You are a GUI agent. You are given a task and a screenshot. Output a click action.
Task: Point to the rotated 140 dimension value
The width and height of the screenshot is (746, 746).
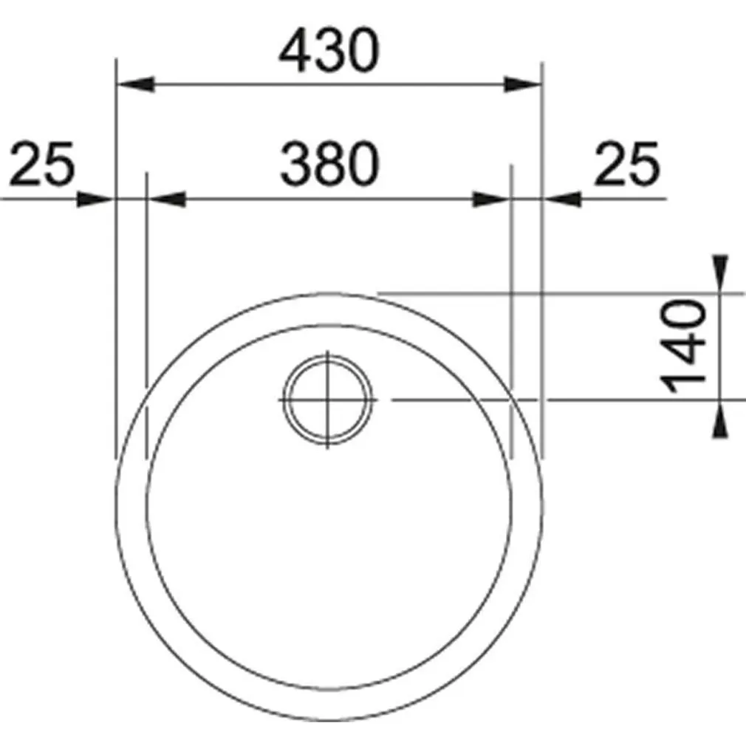[x=685, y=346]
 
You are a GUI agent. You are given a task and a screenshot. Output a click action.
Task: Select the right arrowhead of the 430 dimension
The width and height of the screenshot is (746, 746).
[x=523, y=84]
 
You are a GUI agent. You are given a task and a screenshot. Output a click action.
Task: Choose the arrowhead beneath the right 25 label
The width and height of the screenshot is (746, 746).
[x=561, y=199]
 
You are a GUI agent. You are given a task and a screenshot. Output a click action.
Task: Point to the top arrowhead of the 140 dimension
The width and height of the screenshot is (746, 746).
[x=720, y=273]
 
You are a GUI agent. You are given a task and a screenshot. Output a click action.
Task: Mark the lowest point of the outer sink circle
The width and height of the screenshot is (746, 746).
[x=329, y=720]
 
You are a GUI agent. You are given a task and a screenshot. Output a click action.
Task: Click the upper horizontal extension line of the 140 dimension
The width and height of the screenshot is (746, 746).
[x=561, y=293]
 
